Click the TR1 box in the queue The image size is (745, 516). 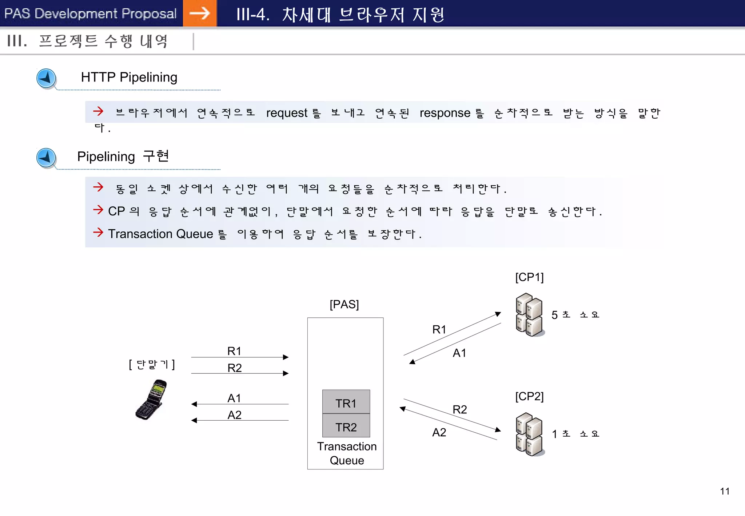346,402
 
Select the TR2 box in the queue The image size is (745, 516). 346,426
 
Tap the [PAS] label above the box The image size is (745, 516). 344,304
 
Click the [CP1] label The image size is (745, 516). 529,277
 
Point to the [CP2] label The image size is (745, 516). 529,396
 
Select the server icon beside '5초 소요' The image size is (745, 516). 529,315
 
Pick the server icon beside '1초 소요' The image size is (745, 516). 529,434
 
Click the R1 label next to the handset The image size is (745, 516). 234,351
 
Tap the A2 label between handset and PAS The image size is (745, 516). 234,415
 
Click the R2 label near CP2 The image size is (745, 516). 460,410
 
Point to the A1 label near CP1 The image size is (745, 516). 459,353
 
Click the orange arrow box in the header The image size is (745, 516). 200,13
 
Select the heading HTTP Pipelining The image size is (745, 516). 129,77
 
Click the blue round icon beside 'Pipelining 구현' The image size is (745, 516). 46,158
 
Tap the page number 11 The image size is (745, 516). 725,491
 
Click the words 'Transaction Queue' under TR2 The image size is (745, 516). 347,453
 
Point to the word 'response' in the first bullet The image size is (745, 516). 445,113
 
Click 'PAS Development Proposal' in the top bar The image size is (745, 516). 90,13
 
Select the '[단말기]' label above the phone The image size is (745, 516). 152,364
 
